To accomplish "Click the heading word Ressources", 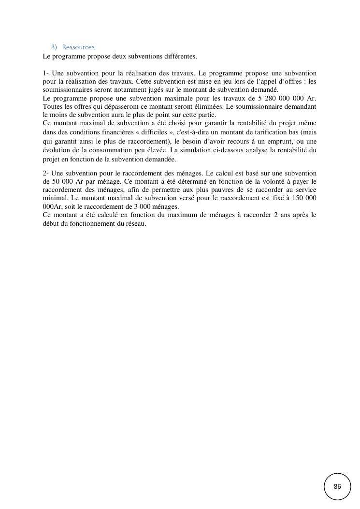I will point(78,47).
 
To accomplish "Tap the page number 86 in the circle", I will point(337,486).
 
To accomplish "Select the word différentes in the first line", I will point(181,56).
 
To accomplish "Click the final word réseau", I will point(136,224).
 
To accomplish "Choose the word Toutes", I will point(52,106).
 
